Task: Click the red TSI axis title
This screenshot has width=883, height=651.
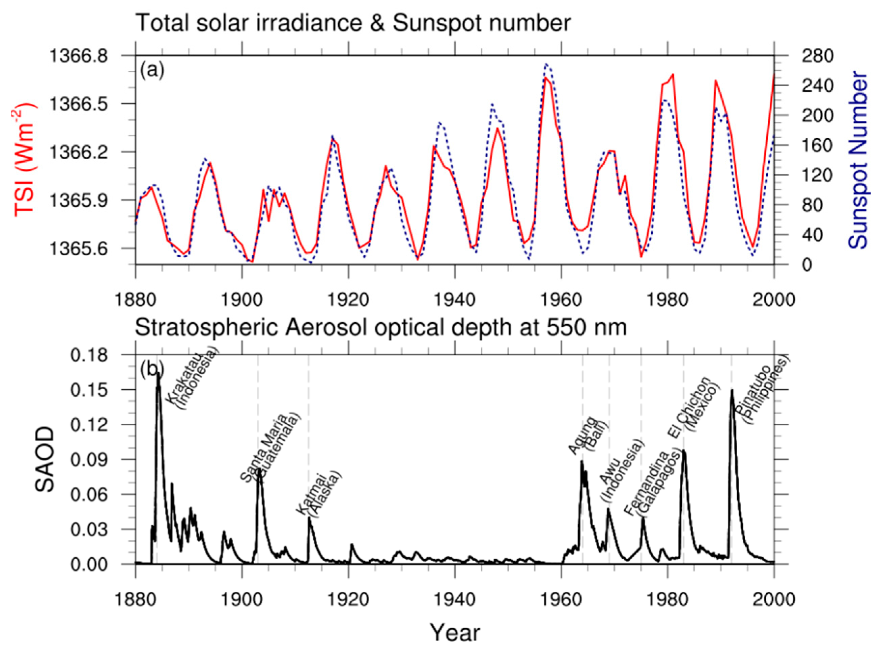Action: [x=24, y=160]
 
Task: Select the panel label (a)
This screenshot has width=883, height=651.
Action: [x=152, y=71]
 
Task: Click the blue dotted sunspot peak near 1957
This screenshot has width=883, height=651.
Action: [x=546, y=64]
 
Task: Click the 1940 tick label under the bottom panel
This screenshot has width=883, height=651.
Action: [x=455, y=599]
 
